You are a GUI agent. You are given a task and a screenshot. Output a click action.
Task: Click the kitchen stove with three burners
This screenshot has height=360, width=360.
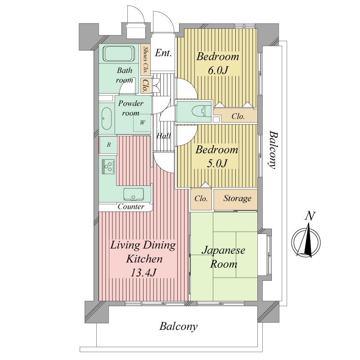point(108,166)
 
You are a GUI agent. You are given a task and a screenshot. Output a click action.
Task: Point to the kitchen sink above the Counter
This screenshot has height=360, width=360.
point(134,194)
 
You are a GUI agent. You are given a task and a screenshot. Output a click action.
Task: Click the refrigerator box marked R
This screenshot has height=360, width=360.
point(108,145)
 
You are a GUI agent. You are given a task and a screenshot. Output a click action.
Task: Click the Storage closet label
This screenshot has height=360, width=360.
point(237,198)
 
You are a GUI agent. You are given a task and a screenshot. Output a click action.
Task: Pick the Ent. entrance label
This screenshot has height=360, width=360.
point(163,53)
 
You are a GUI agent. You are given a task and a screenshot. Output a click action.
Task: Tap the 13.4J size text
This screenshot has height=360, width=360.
point(143,273)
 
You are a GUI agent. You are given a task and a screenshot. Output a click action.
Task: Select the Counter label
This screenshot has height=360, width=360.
point(131,207)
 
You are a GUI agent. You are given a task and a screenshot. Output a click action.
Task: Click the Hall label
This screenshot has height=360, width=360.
point(163,136)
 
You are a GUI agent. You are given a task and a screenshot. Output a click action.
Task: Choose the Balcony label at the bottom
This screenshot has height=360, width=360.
point(179,327)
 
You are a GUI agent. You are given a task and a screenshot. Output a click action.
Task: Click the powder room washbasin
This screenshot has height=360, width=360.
point(106,118)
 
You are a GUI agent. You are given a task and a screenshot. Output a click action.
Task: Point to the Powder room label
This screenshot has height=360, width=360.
point(130,108)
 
